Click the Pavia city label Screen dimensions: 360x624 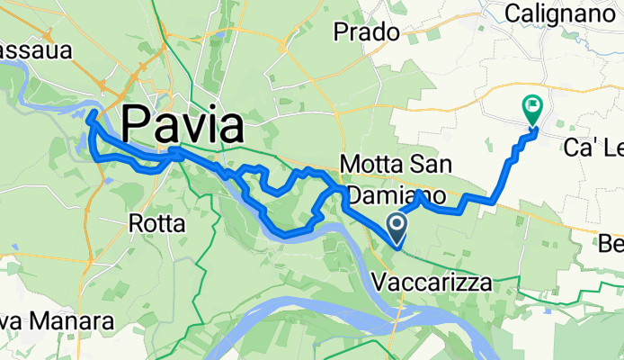pyautogui.click(x=183, y=124)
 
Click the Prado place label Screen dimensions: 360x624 pyautogui.click(x=366, y=32)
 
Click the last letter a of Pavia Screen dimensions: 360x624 pyautogui.click(x=231, y=124)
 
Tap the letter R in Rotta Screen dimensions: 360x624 pyautogui.click(x=136, y=221)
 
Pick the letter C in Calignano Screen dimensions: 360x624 pyautogui.click(x=513, y=13)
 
